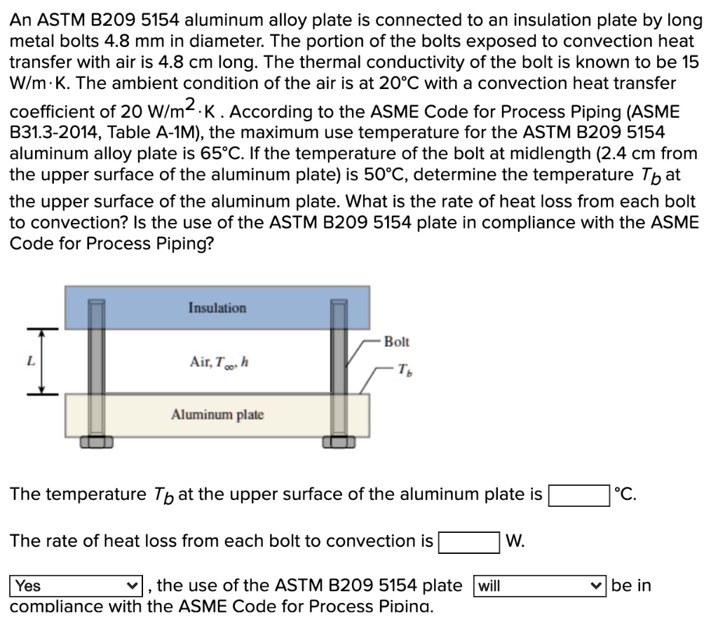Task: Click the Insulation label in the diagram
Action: point(217,308)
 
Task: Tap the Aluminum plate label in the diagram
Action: point(217,414)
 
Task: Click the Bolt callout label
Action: point(396,341)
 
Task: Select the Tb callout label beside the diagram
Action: point(405,369)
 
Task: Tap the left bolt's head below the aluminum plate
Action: point(96,442)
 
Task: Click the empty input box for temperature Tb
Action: point(578,495)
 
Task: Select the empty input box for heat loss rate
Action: point(468,541)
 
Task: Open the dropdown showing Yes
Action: point(76,585)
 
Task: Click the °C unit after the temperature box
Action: point(625,494)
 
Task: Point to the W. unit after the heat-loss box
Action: point(515,541)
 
